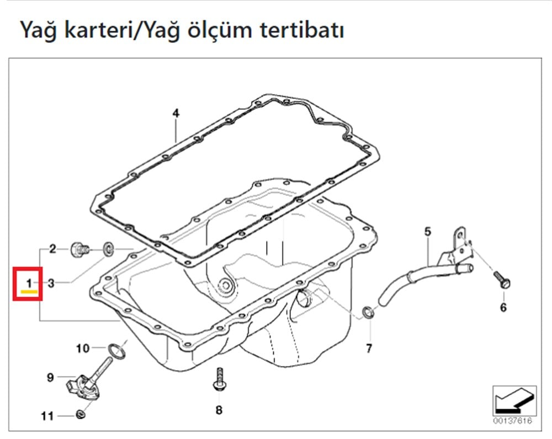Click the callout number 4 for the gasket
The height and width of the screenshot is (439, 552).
[176, 114]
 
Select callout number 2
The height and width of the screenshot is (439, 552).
[52, 249]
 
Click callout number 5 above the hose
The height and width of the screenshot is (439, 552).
[427, 232]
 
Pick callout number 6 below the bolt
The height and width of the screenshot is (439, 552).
[503, 308]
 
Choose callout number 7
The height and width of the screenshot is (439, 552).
[369, 348]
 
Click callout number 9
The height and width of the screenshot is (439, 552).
[50, 378]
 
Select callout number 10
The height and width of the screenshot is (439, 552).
[82, 348]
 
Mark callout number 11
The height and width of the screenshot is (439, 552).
[48, 415]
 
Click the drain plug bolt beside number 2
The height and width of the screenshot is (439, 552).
[79, 249]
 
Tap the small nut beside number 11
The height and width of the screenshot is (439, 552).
[81, 414]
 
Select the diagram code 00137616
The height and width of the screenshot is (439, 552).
[513, 421]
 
